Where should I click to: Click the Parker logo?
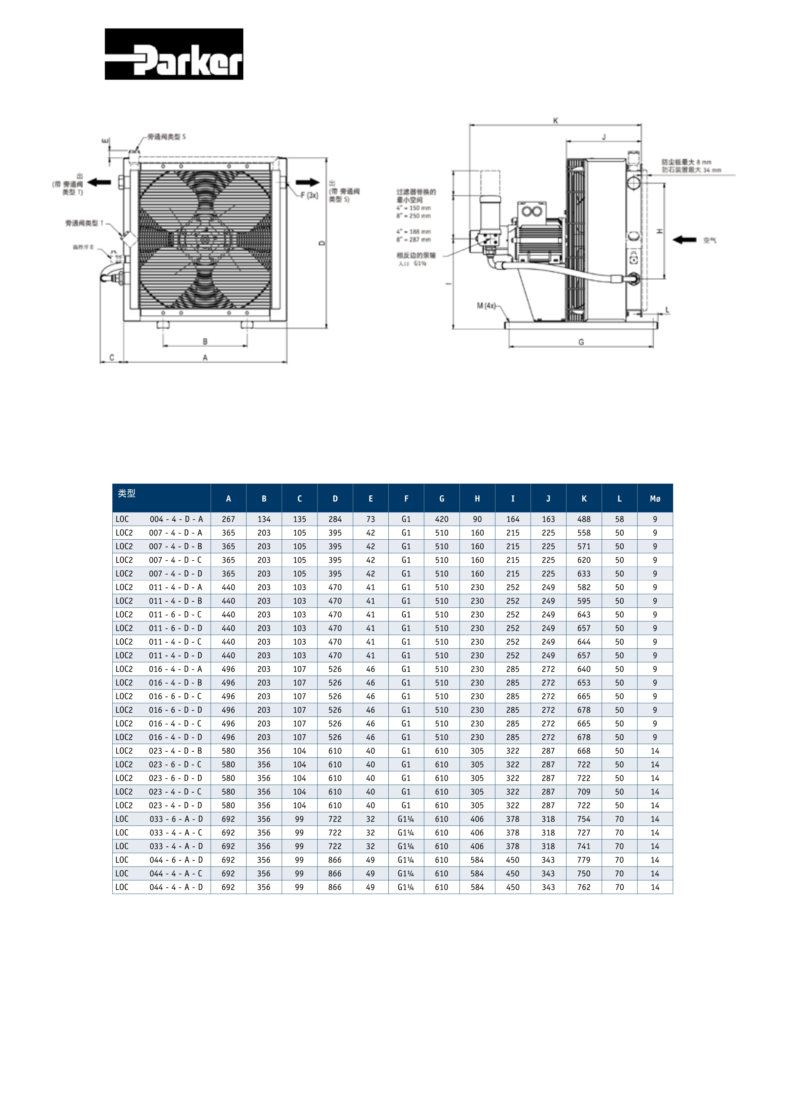tap(174, 54)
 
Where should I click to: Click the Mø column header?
tap(655, 499)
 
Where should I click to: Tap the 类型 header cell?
tap(127, 493)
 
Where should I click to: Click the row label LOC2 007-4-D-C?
tap(159, 560)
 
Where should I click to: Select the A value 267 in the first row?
tap(228, 519)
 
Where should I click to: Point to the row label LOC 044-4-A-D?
tap(159, 887)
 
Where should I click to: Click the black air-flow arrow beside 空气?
tap(684, 240)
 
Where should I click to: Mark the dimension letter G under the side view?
tap(581, 342)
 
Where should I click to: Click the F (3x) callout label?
tap(309, 195)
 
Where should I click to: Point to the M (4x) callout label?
tap(486, 305)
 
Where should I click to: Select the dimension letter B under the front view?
tap(205, 341)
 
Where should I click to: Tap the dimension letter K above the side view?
tap(556, 120)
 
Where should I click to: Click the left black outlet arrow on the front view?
tap(100, 182)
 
